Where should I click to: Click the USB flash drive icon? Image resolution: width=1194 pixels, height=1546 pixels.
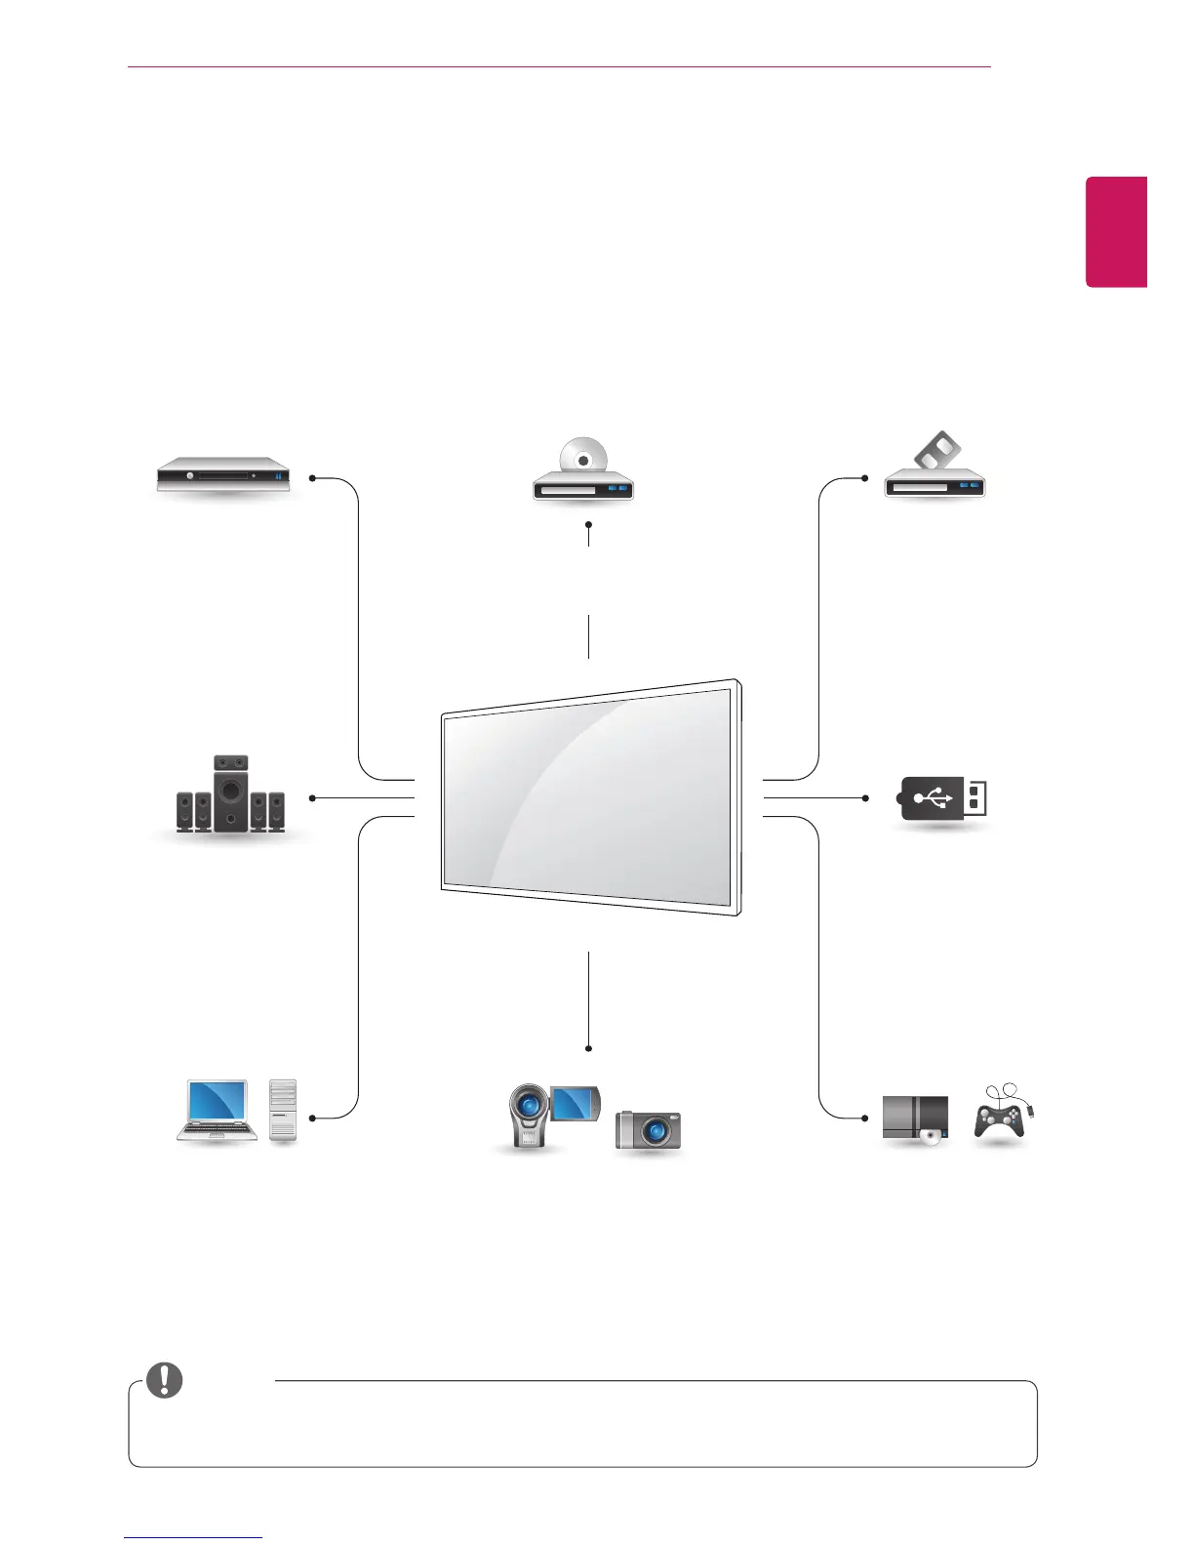click(942, 799)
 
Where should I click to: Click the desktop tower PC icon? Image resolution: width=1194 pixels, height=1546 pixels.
click(283, 1111)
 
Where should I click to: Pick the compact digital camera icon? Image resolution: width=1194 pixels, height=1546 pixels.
click(649, 1131)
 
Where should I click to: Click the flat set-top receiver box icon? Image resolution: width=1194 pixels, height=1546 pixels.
click(224, 476)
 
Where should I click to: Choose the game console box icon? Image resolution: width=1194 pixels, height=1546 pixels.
click(915, 1119)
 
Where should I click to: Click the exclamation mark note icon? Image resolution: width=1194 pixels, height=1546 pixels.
click(164, 1379)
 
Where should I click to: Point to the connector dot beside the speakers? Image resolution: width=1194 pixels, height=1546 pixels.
click(312, 798)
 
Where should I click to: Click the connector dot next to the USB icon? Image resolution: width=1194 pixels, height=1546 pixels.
click(865, 798)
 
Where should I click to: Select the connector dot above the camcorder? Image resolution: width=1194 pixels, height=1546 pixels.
click(589, 1048)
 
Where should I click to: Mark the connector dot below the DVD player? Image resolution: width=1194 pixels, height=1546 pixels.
click(589, 524)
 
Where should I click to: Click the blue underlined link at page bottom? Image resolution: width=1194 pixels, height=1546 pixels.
click(193, 1538)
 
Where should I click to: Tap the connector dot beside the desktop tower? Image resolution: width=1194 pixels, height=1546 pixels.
click(312, 1118)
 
